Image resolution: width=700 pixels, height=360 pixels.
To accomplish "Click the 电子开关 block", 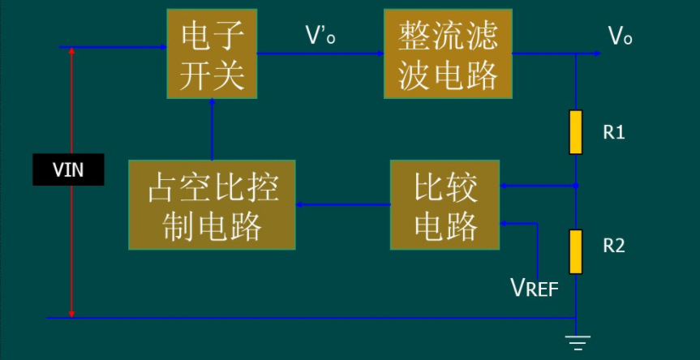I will click(x=213, y=54).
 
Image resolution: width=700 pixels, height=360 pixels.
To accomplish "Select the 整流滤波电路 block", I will click(x=448, y=54).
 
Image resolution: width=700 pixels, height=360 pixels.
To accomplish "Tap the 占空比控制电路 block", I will click(x=212, y=204).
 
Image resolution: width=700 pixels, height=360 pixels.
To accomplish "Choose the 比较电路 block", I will click(x=445, y=204).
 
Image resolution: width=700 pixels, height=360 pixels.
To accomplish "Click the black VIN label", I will click(x=68, y=170).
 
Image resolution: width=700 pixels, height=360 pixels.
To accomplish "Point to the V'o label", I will click(x=320, y=36).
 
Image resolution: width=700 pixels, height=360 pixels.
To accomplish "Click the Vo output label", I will click(x=620, y=36).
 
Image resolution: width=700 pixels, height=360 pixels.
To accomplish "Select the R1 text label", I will click(x=614, y=132).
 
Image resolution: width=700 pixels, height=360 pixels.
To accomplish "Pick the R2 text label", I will click(x=614, y=245).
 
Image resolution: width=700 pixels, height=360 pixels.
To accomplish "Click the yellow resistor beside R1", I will click(x=576, y=132).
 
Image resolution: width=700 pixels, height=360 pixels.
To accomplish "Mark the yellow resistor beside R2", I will click(x=576, y=251).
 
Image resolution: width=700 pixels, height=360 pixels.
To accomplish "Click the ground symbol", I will click(x=577, y=342).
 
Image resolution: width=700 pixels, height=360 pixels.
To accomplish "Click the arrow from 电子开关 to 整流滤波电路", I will click(x=320, y=54).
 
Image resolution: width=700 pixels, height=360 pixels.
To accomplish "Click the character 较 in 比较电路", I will click(x=462, y=189).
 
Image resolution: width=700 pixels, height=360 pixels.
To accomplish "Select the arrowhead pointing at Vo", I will click(x=596, y=54).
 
